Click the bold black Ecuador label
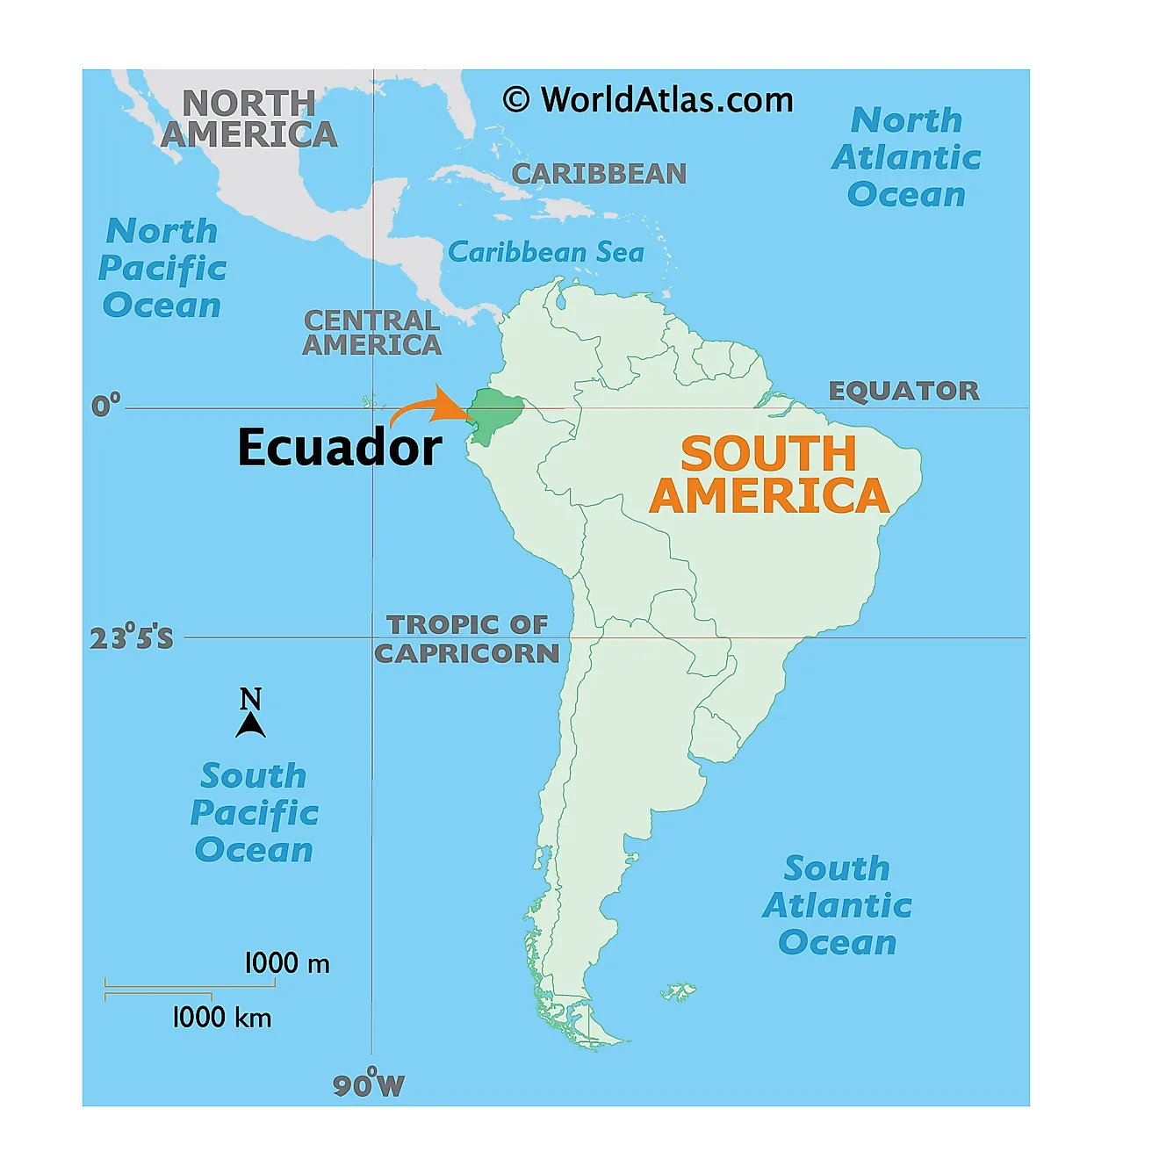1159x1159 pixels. pyautogui.click(x=340, y=447)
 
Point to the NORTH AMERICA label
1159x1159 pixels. pyautogui.click(x=249, y=119)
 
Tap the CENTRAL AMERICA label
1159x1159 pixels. pyautogui.click(x=371, y=333)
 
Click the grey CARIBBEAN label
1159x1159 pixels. pyautogui.click(x=599, y=174)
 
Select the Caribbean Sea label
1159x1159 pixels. pyautogui.click(x=546, y=253)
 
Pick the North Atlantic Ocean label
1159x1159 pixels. pyautogui.click(x=906, y=157)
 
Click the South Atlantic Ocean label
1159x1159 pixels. pyautogui.click(x=837, y=905)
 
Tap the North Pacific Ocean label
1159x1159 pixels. pyautogui.click(x=162, y=269)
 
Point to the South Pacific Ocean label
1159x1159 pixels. pyautogui.click(x=254, y=813)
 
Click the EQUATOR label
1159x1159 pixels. pyautogui.click(x=903, y=391)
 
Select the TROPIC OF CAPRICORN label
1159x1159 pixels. pyautogui.click(x=467, y=639)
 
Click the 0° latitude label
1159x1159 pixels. pyautogui.click(x=105, y=406)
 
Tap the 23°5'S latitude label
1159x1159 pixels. pyautogui.click(x=132, y=637)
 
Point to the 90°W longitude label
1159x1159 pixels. pyautogui.click(x=369, y=1085)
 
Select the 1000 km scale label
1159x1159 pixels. pyautogui.click(x=221, y=1018)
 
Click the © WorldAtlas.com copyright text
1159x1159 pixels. pyautogui.click(x=648, y=100)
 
